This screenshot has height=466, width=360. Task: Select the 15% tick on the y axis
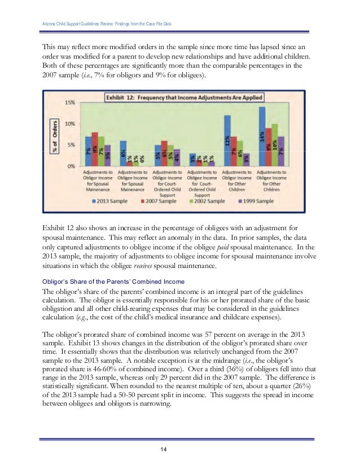click(71, 103)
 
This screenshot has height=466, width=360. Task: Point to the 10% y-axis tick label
click(71, 124)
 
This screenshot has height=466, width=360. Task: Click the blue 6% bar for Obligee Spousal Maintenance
click(124, 153)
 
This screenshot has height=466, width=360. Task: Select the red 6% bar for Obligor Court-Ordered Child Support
click(164, 153)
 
